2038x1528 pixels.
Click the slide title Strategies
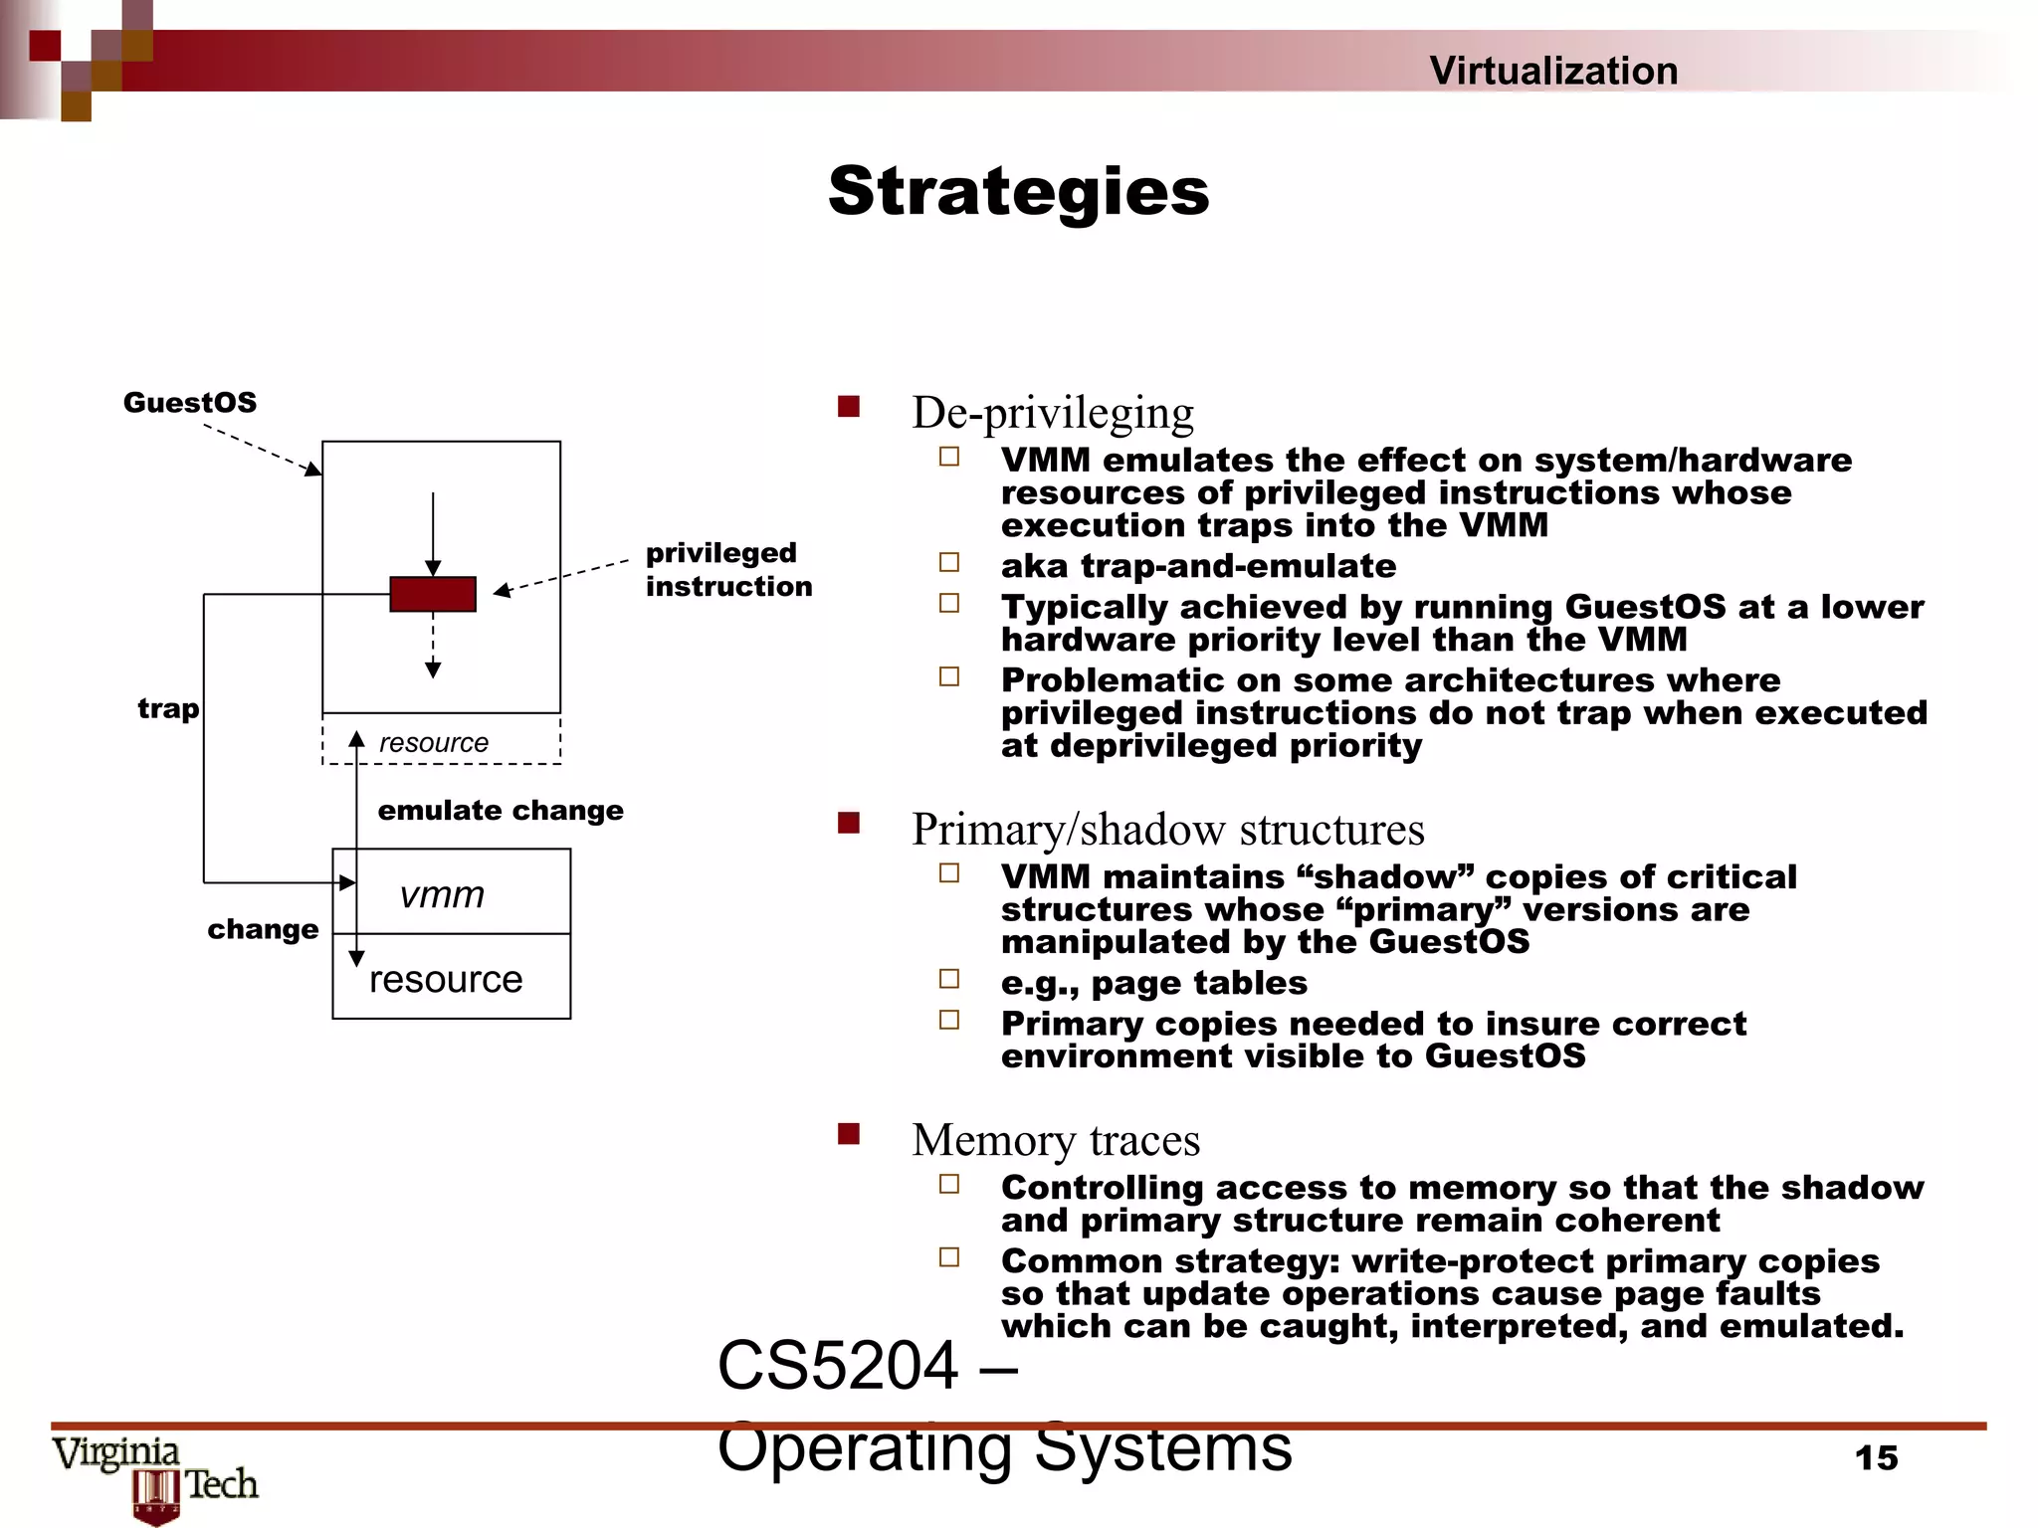(x=1018, y=191)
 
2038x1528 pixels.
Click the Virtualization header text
(x=1552, y=71)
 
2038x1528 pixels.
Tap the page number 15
(x=1876, y=1458)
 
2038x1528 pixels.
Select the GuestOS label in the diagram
(x=189, y=403)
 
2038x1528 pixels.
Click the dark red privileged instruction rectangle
(x=432, y=594)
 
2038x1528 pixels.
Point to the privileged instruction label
(x=727, y=569)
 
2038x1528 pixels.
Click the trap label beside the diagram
(x=168, y=708)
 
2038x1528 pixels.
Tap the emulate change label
(x=501, y=810)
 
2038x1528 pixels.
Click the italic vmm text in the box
(x=442, y=894)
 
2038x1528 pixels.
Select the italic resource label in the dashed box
(x=434, y=743)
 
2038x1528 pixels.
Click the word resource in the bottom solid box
(x=445, y=980)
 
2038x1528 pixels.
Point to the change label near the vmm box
(x=263, y=929)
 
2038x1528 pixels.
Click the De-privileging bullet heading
(x=1052, y=413)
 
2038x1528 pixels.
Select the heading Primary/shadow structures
(x=1167, y=830)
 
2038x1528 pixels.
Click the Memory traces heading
(x=1055, y=1140)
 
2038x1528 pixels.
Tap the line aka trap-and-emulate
(x=1198, y=566)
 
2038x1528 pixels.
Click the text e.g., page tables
(x=1153, y=983)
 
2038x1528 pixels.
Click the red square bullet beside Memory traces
(x=848, y=1134)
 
